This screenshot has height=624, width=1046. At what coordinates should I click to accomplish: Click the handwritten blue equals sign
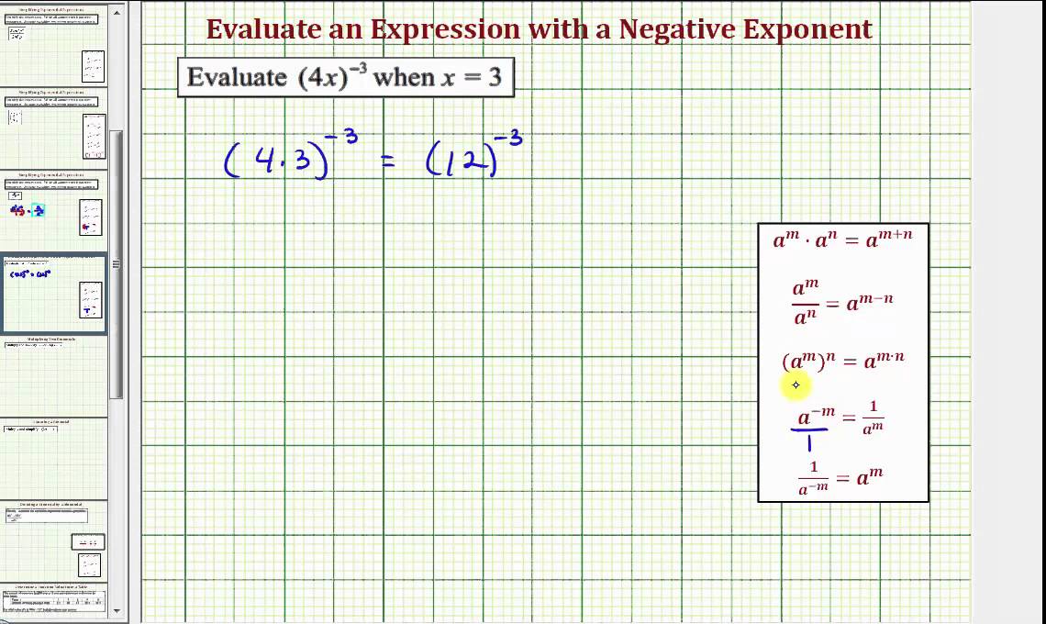pyautogui.click(x=387, y=161)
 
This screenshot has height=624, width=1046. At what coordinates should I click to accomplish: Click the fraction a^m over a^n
pyautogui.click(x=806, y=301)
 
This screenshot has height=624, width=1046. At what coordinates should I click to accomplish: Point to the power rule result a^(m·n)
pyautogui.click(x=885, y=360)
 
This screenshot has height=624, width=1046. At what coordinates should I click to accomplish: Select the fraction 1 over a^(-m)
pyautogui.click(x=813, y=478)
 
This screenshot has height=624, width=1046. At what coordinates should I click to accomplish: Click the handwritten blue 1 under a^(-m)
pyautogui.click(x=808, y=444)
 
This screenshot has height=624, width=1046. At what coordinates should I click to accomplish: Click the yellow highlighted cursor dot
pyautogui.click(x=796, y=385)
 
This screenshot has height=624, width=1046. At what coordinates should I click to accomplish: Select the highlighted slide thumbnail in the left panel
pyautogui.click(x=55, y=294)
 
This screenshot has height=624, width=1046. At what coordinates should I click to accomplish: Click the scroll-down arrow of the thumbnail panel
pyautogui.click(x=117, y=608)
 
